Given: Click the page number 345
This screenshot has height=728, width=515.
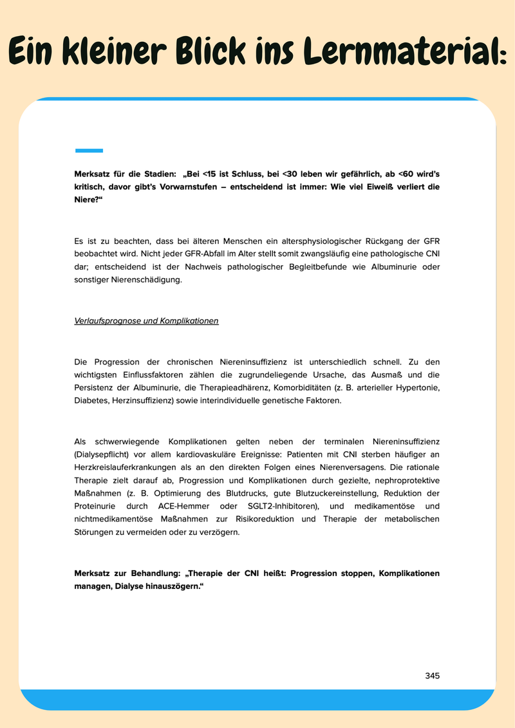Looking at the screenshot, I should point(432,676).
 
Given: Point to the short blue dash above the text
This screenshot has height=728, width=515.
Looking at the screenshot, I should point(89,151).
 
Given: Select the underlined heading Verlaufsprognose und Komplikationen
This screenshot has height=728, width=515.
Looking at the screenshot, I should point(146,321).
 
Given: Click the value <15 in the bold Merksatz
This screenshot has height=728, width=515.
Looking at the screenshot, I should point(210,174).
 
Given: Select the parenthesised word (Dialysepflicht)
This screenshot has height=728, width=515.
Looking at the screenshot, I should point(104,454).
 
